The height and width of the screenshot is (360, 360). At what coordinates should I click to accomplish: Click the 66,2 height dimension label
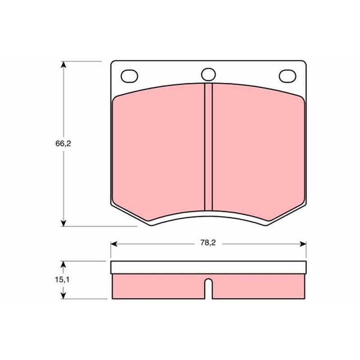point(63,144)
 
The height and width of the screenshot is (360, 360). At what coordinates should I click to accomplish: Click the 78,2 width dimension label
point(208,243)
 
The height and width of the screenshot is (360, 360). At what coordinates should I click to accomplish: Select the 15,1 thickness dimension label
point(62,279)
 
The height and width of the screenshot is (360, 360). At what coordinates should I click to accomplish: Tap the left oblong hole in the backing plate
point(129,76)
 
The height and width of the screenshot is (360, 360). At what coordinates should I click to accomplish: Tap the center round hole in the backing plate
point(208,74)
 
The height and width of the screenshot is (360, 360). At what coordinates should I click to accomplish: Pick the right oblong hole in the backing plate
point(288,76)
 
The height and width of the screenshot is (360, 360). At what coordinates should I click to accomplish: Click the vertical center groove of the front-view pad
point(208,147)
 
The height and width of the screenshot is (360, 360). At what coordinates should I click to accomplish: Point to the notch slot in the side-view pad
point(208,288)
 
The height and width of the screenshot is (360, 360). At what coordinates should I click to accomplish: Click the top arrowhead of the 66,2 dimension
point(63,64)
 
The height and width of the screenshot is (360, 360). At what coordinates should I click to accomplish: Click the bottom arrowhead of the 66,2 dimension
point(63,223)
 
